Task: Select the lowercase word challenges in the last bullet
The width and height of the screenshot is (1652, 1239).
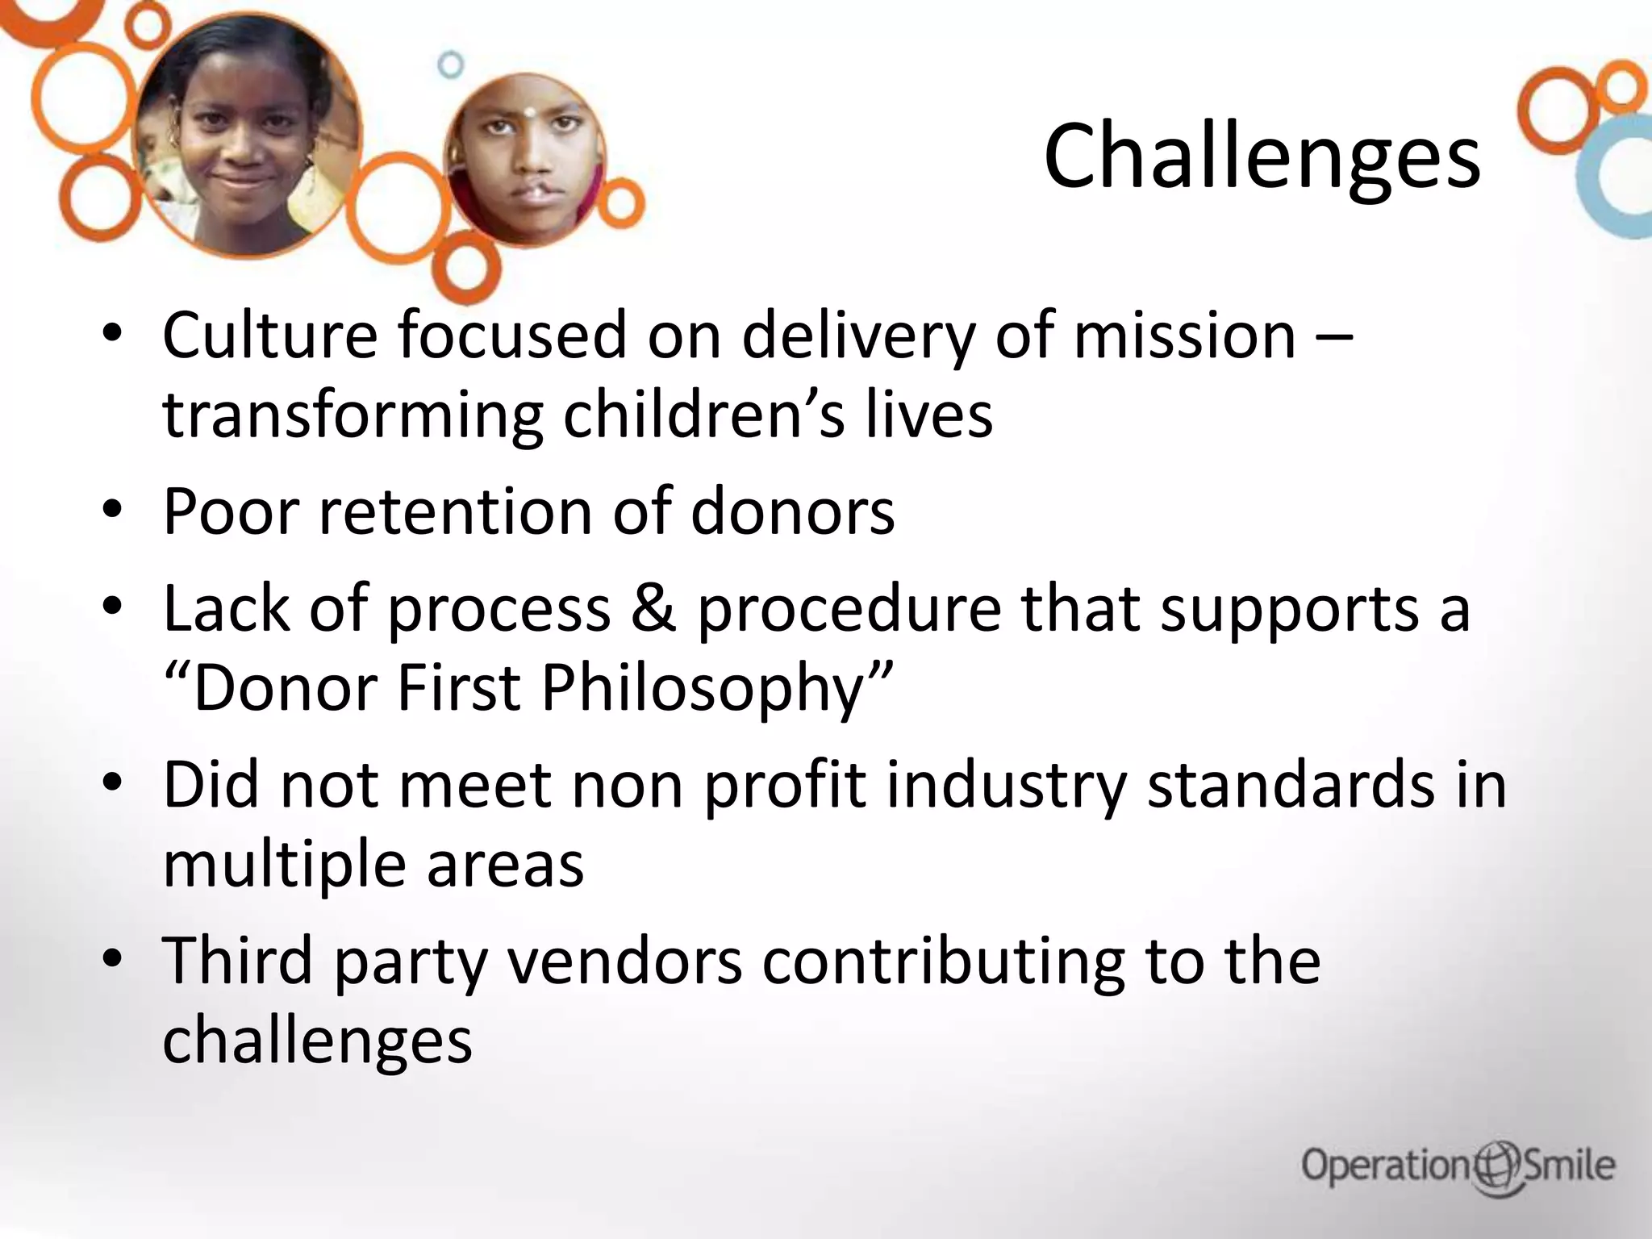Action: (317, 1041)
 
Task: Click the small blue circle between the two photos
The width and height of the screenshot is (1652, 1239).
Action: (451, 65)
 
